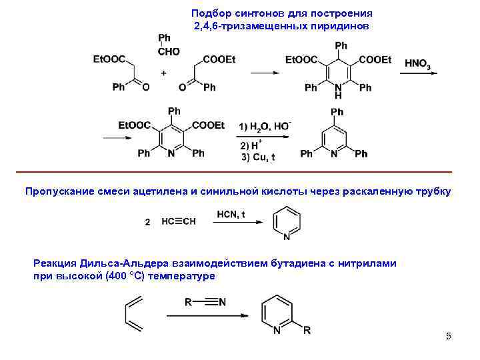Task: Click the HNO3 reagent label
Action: click(417, 63)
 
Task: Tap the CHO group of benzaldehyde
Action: click(169, 51)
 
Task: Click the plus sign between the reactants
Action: click(163, 71)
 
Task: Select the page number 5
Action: click(449, 336)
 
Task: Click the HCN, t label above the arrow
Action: click(231, 214)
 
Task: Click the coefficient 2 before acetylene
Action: click(148, 223)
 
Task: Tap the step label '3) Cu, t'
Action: click(258, 157)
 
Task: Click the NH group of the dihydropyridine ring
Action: click(338, 91)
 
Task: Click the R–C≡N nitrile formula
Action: click(205, 302)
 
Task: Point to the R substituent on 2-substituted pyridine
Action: click(307, 330)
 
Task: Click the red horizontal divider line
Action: click(240, 171)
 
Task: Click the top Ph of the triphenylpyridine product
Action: click(337, 112)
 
